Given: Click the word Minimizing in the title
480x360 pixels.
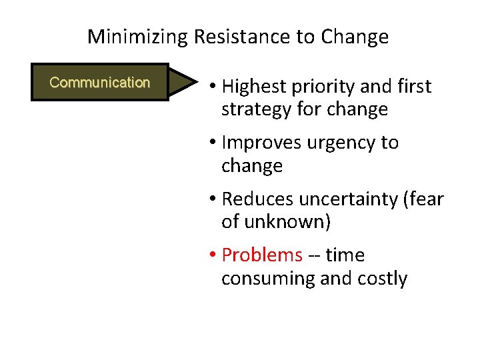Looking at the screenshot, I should (138, 37).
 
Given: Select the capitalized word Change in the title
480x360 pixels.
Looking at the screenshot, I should (354, 37).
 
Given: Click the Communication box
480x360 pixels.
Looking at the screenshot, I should (99, 83).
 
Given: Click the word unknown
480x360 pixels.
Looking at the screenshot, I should (287, 221).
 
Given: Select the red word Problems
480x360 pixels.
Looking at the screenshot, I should (262, 255).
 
